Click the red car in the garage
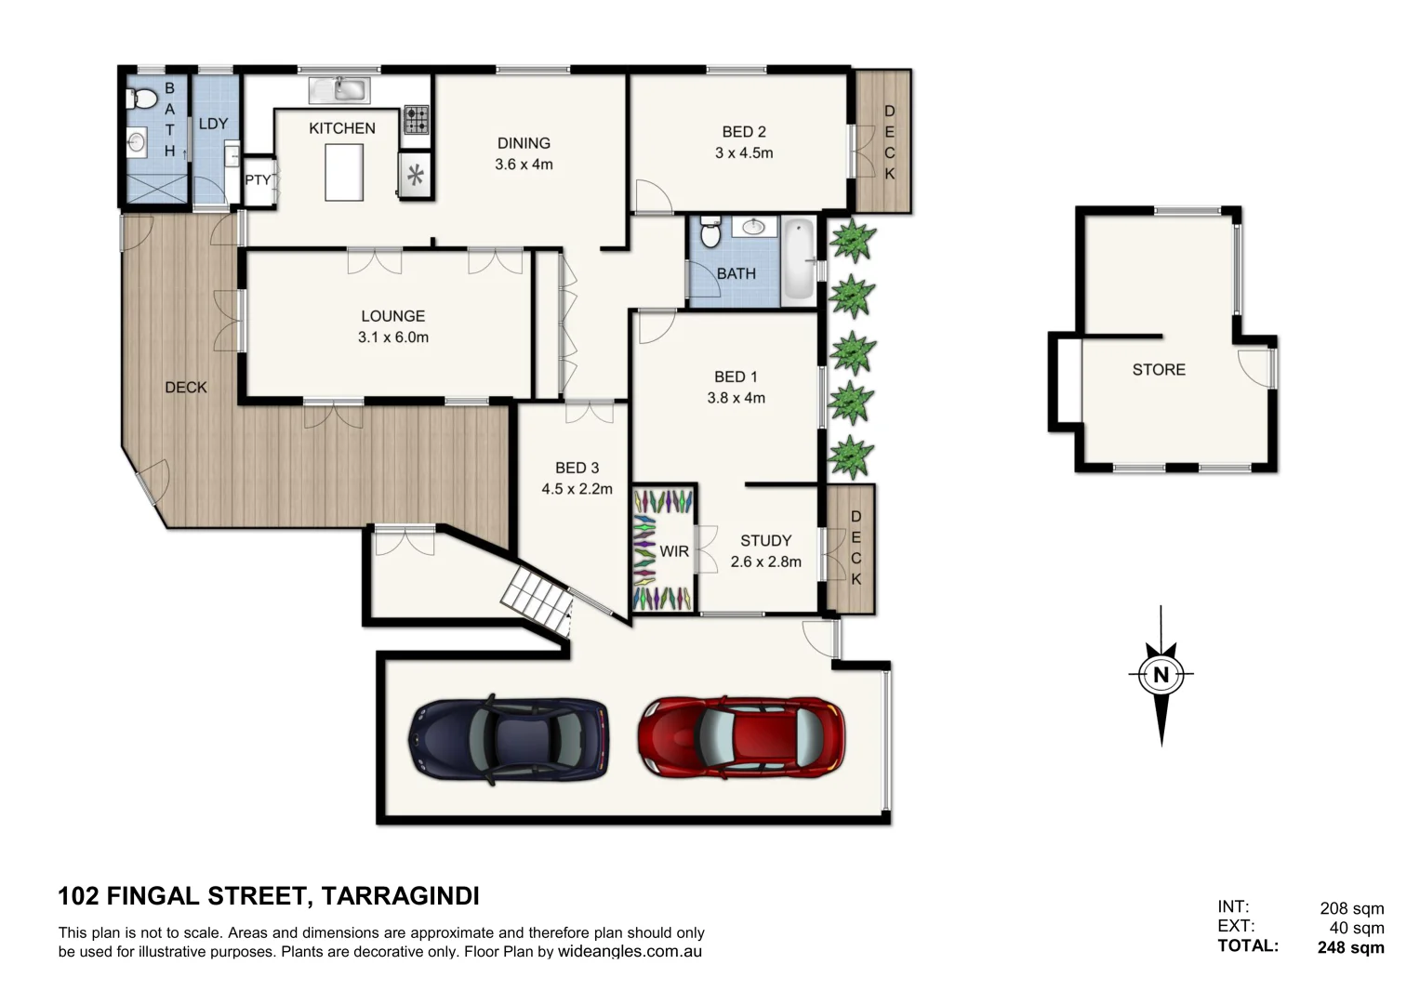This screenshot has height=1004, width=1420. [x=741, y=737]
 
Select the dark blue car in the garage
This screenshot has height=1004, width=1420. [x=509, y=739]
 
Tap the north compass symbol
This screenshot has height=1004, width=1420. [x=1161, y=675]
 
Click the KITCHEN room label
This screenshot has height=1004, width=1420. [x=342, y=128]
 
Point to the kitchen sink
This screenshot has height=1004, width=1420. [x=339, y=90]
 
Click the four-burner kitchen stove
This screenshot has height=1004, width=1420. [x=416, y=120]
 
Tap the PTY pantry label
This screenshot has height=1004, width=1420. [x=258, y=179]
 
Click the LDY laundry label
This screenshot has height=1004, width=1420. [x=213, y=124]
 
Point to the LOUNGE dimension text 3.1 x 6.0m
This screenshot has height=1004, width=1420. [x=393, y=337]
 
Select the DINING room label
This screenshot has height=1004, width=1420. [x=524, y=143]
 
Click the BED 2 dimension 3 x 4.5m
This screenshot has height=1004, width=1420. [x=744, y=152]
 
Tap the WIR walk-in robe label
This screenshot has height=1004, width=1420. [x=674, y=551]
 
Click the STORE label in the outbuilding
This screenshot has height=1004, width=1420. [x=1159, y=369]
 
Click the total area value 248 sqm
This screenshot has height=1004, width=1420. [x=1350, y=947]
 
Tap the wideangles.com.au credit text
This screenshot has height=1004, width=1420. [x=630, y=952]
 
